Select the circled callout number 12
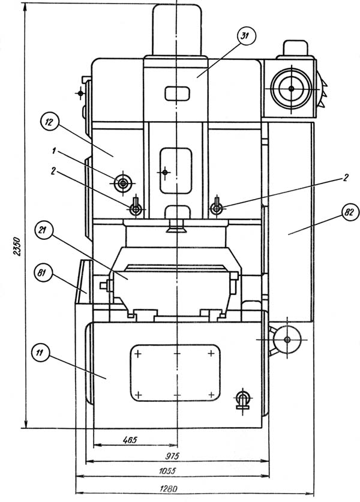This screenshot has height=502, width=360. (50, 122)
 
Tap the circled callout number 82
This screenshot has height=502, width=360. (349, 212)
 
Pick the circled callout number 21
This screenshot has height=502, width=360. (43, 230)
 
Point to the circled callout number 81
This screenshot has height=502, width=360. (43, 273)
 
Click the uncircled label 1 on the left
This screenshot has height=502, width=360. (54, 151)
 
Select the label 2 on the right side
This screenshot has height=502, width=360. (345, 177)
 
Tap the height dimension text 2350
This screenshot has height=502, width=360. (17, 246)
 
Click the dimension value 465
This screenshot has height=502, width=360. (130, 440)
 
